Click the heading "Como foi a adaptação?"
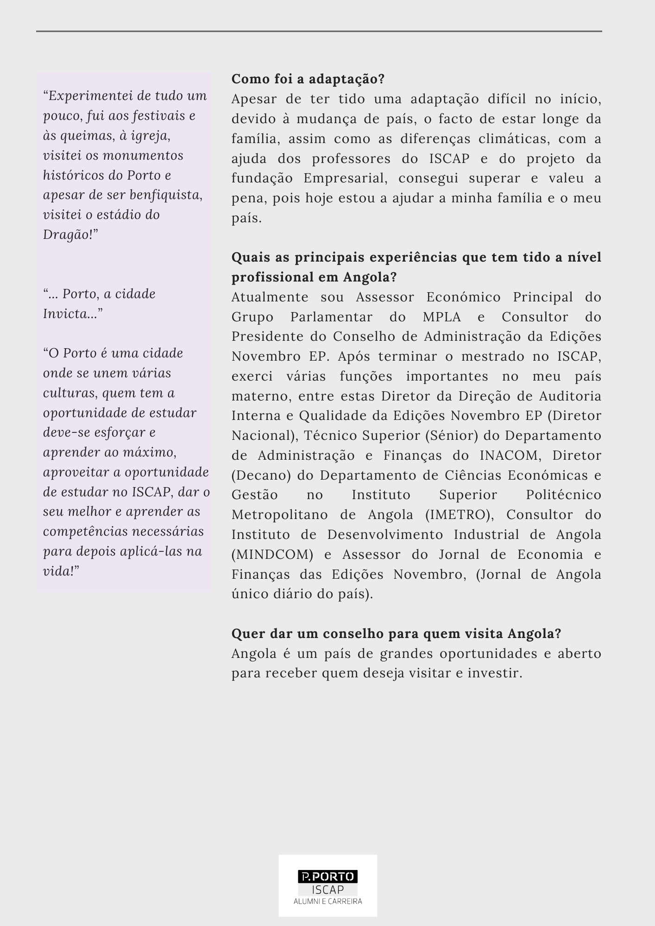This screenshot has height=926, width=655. [x=308, y=79]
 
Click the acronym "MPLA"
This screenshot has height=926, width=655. [x=442, y=317]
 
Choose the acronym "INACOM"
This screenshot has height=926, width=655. [x=509, y=456]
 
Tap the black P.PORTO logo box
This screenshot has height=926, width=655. [x=327, y=876]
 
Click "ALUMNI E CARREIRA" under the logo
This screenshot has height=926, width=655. [x=327, y=901]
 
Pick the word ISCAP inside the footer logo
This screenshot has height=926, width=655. [x=327, y=889]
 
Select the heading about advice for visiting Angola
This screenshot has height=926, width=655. [x=396, y=634]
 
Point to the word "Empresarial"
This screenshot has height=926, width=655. [x=345, y=178]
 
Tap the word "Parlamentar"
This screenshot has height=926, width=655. [x=331, y=317]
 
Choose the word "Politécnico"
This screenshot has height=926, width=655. [x=563, y=495]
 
